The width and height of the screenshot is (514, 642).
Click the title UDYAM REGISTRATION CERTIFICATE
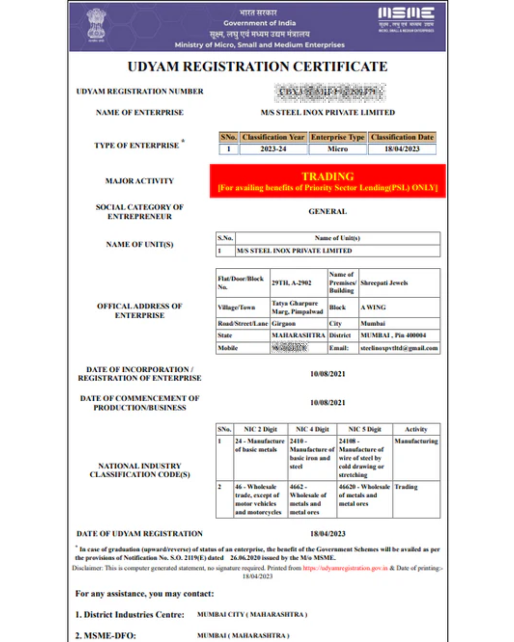pos(257,67)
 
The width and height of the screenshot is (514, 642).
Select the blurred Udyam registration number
pos(329,92)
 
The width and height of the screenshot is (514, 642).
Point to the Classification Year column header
pos(273,137)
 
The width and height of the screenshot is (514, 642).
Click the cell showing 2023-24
pos(273,149)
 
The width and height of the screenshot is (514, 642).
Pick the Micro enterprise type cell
pos(337,149)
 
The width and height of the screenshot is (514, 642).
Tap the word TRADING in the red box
pos(327,176)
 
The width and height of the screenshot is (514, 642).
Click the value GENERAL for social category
pos(327,211)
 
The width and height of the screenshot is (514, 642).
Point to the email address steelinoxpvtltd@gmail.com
pos(399,348)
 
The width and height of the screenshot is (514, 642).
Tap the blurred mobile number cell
pos(289,348)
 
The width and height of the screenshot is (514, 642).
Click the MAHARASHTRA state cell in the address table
pos(298,335)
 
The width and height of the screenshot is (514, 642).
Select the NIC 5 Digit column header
pos(365,429)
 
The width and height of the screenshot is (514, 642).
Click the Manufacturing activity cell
pos(416,441)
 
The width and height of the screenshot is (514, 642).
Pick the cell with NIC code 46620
pos(364,495)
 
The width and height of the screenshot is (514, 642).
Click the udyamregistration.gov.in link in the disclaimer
pos(346,568)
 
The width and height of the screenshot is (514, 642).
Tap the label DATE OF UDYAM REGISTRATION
pos(139,534)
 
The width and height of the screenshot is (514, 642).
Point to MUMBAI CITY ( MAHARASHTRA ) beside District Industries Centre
pos(252,614)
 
